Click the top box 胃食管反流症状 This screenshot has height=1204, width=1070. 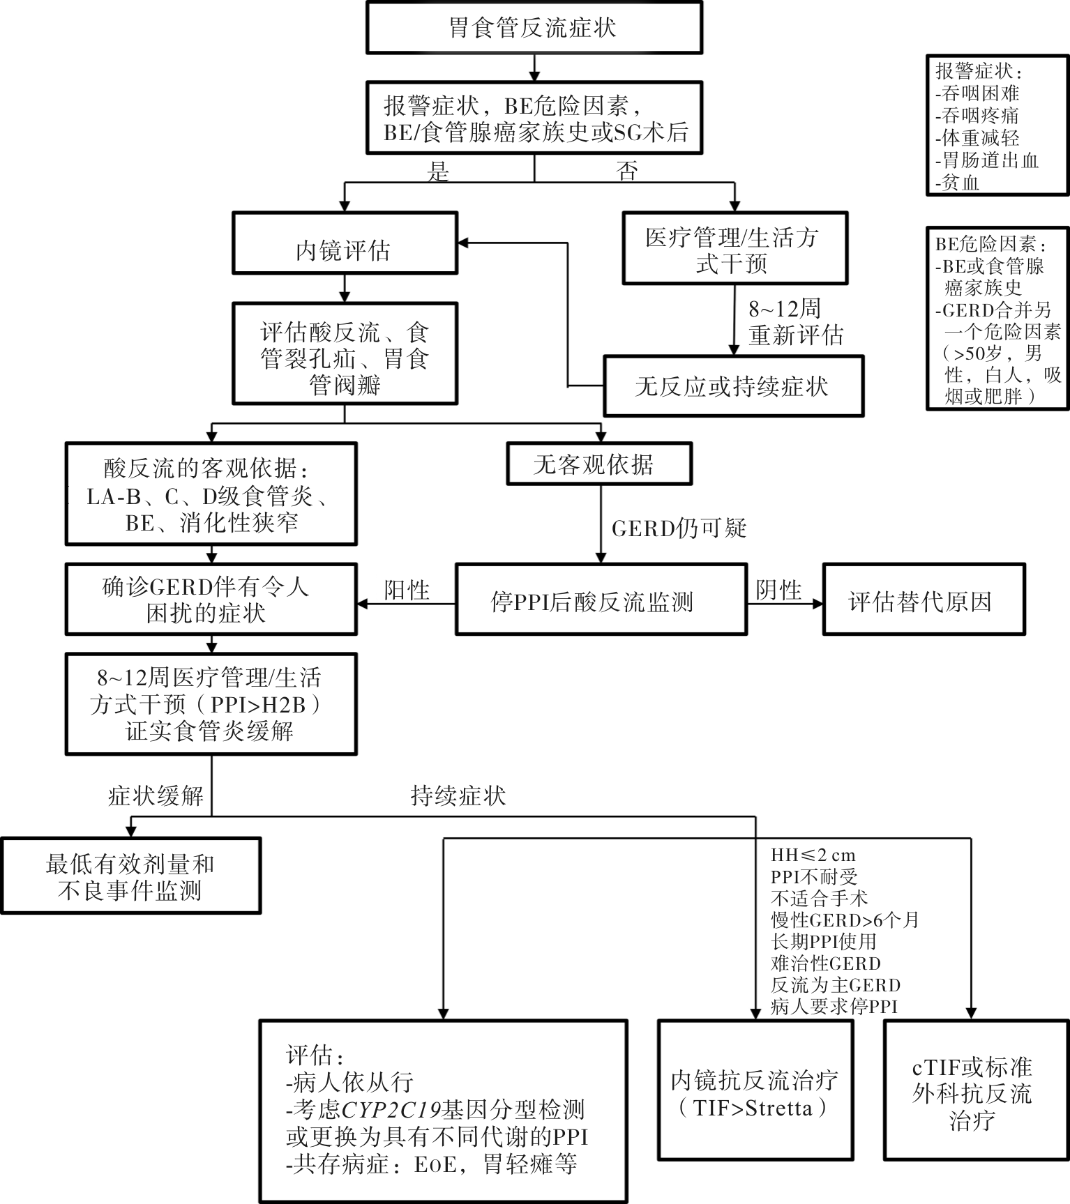(x=534, y=28)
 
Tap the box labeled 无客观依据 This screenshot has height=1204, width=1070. (x=598, y=464)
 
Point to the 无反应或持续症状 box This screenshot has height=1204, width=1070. (x=732, y=386)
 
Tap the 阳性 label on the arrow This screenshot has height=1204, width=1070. (x=407, y=590)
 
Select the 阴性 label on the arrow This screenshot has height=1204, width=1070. (x=778, y=590)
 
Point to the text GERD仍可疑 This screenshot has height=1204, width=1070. (x=679, y=528)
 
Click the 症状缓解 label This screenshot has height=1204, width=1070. (x=156, y=795)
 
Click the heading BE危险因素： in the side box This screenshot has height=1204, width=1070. (x=990, y=244)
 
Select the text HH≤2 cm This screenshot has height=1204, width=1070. (x=813, y=855)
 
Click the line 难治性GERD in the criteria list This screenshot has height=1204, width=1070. (x=825, y=963)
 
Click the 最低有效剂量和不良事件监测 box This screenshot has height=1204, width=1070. (x=130, y=877)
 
